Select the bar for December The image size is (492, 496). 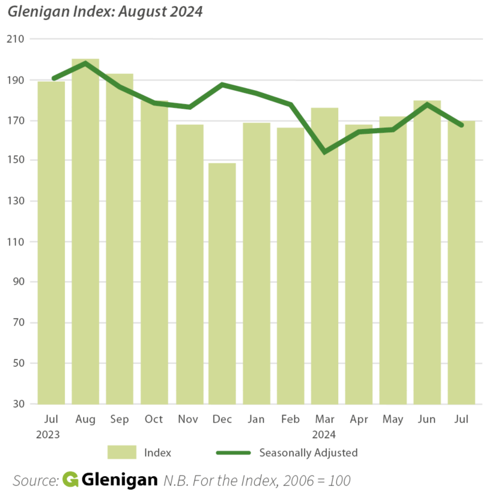point(222,282)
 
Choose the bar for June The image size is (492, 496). point(427,252)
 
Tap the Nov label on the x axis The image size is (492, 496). point(188,419)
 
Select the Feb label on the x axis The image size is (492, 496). point(290,419)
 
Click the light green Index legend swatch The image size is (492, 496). point(123,452)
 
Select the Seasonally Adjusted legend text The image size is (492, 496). point(308,452)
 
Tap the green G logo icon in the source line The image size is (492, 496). point(70,480)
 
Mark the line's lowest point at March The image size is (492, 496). point(324,152)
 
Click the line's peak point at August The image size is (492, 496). point(85,63)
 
